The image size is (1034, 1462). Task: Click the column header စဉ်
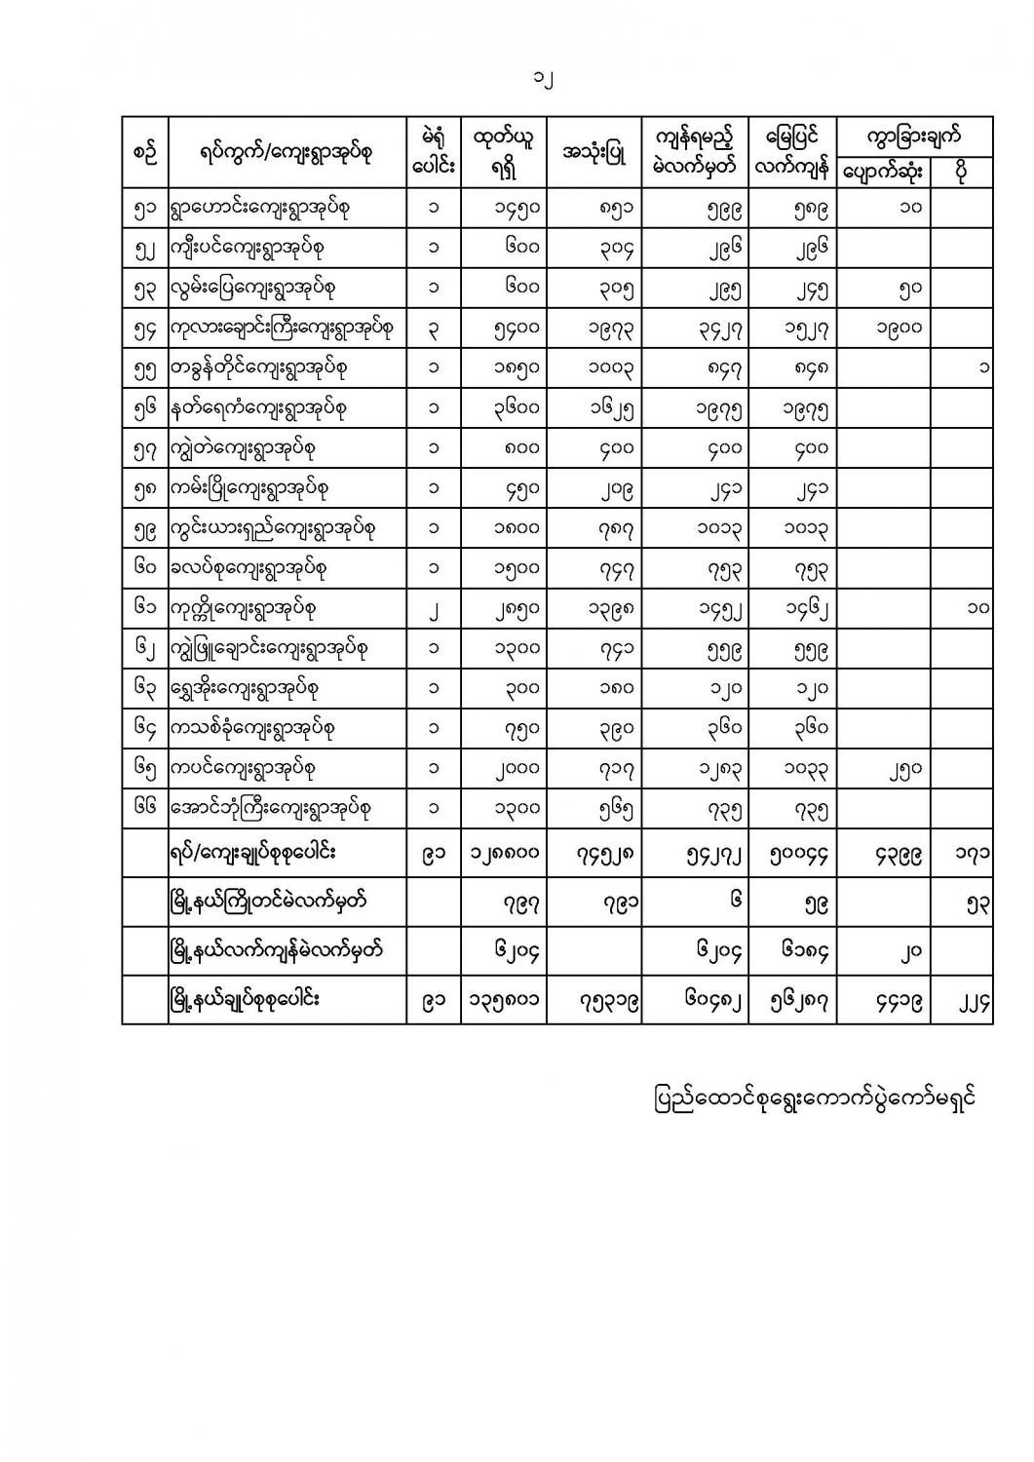(144, 153)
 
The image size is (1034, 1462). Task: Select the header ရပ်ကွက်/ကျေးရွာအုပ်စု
(286, 153)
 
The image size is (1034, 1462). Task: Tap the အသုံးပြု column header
(594, 153)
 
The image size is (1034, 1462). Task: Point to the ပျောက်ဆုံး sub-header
(883, 172)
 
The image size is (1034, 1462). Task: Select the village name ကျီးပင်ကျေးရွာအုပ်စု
(247, 248)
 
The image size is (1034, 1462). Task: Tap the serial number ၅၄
(144, 328)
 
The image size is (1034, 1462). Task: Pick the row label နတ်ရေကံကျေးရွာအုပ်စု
(258, 408)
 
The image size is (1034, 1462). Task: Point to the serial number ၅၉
(144, 528)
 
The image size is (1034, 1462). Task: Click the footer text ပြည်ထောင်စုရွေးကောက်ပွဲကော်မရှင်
(814, 1098)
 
